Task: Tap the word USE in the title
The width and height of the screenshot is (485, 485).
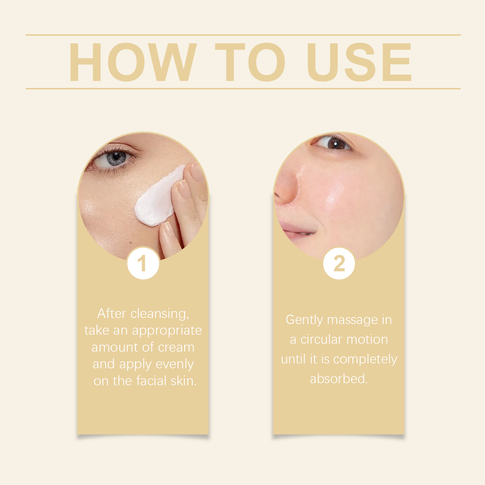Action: click(x=359, y=62)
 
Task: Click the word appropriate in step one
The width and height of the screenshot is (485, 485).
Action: click(x=167, y=331)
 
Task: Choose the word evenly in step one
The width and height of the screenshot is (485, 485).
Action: click(x=175, y=364)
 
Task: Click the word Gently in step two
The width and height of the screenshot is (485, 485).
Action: click(x=304, y=320)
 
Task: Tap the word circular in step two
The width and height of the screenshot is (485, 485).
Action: click(x=321, y=339)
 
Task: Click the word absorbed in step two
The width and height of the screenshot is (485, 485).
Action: click(x=339, y=379)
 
